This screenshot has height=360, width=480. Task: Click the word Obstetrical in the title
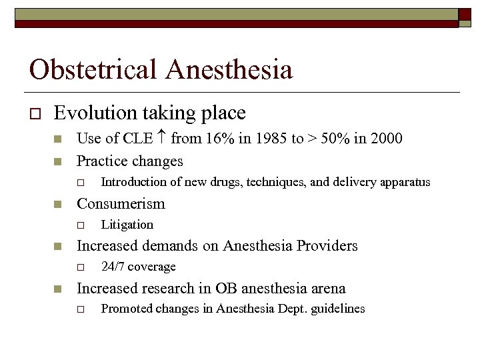(x=93, y=69)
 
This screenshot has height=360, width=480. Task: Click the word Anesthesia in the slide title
(x=229, y=69)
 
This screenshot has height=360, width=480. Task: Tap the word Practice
(x=103, y=161)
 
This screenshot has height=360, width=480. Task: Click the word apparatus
(x=405, y=182)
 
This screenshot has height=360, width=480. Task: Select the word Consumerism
(x=121, y=203)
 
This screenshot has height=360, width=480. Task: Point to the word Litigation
(x=127, y=225)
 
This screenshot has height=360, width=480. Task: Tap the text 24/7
(x=112, y=267)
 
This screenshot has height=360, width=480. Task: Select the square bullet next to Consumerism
(x=58, y=205)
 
